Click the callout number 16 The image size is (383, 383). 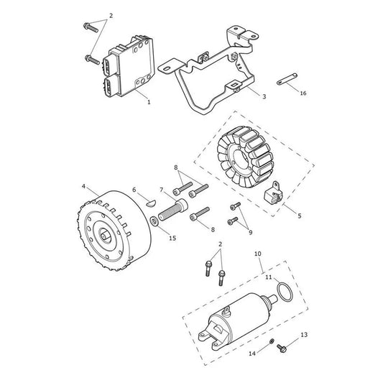pos(303,93)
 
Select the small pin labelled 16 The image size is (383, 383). pos(287,79)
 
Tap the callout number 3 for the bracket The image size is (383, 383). pos(264,96)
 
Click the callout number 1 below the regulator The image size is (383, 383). pos(149,102)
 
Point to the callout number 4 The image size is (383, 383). pos(83,186)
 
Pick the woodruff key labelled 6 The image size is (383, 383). pos(151,203)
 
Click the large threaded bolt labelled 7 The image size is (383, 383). pos(173,210)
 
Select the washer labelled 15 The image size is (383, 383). pos(154,221)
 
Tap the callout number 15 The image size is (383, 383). pos(172,238)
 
